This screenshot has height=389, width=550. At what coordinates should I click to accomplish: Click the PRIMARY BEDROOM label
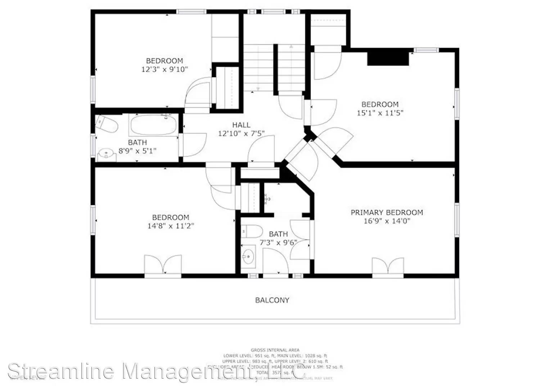pos(387,213)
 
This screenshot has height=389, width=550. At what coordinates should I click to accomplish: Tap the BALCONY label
pos(272,300)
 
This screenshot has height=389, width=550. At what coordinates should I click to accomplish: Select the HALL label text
pos(241,125)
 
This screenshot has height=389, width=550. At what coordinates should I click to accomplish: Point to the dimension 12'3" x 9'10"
pos(164,69)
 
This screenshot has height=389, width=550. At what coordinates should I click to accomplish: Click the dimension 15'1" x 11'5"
pos(380,113)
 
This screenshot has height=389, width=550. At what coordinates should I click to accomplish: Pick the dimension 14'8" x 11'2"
pos(171,226)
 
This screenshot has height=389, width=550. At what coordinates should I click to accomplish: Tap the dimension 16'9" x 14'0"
pos(387,221)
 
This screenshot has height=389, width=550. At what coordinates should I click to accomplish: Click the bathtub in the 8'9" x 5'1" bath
pos(154,125)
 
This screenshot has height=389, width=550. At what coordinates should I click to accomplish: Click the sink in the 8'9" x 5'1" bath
pos(106,155)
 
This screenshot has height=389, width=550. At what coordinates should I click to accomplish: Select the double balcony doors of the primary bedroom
pos(388,267)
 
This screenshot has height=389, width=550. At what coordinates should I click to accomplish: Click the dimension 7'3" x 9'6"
pos(278,242)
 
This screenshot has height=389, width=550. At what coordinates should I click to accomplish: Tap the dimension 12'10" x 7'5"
pos(241,134)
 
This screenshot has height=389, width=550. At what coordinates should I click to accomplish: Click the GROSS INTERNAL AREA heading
pos(275,350)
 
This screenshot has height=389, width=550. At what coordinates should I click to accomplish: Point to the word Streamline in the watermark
pos(61,371)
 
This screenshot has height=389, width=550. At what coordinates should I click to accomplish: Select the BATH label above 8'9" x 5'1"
pos(137,142)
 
